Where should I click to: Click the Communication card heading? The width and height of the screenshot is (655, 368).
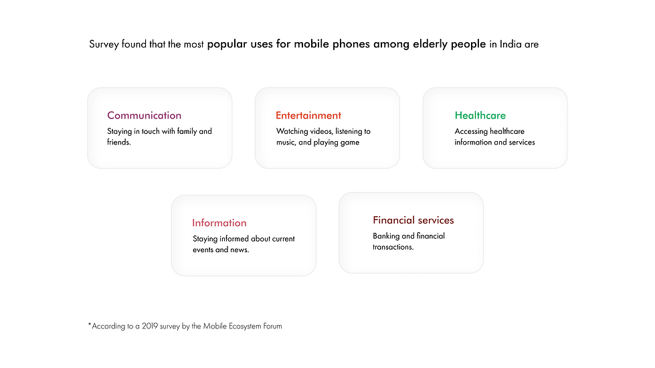tap(144, 115)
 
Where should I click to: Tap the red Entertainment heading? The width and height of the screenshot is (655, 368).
tap(308, 115)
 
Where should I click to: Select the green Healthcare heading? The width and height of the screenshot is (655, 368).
tap(480, 115)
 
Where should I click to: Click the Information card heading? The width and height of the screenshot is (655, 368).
tap(219, 223)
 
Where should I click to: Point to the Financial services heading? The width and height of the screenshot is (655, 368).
tap(413, 220)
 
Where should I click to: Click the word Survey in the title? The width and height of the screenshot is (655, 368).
tap(104, 44)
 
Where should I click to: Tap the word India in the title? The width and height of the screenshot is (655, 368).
tap(510, 44)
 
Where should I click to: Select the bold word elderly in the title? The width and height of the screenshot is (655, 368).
tap(430, 44)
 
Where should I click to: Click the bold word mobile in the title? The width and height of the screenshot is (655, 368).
tap(311, 44)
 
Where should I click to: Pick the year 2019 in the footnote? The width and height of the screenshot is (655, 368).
tap(150, 326)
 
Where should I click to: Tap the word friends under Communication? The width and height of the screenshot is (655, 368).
tap(118, 142)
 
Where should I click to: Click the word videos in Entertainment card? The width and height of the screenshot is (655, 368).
tap(321, 131)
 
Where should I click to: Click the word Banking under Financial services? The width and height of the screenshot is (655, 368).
tap(386, 236)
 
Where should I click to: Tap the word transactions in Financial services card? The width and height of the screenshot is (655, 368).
tap(393, 247)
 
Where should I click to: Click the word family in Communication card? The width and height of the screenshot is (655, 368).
tap(187, 131)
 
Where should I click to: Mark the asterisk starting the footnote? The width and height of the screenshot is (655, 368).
tap(90, 324)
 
